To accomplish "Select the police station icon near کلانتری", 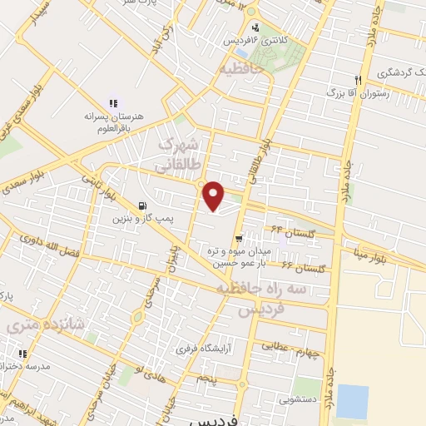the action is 256,26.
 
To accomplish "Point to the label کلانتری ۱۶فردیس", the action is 244,39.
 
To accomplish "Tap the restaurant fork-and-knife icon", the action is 358,79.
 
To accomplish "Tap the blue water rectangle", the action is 353,402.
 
